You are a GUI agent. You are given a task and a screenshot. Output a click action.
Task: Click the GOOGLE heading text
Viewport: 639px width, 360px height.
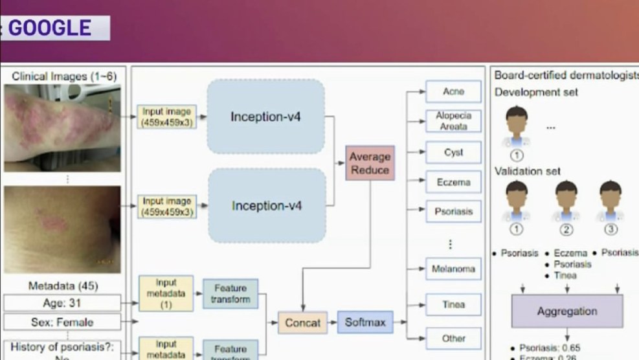click(50, 28)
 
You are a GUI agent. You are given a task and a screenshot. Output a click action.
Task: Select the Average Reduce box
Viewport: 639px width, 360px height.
click(370, 163)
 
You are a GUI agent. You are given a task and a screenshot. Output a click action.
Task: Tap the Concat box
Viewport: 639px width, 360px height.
click(302, 322)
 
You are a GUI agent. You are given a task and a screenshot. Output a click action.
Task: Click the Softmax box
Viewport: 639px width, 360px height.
click(365, 322)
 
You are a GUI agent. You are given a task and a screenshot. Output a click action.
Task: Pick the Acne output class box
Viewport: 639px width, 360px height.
click(453, 92)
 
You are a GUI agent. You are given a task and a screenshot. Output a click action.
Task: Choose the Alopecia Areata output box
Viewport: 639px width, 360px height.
click(453, 121)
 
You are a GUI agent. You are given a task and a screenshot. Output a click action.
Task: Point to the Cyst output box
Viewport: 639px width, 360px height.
click(453, 153)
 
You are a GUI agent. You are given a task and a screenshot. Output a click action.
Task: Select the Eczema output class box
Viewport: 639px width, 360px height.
click(453, 182)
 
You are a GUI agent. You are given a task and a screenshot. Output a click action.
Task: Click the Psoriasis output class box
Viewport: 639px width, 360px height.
click(453, 212)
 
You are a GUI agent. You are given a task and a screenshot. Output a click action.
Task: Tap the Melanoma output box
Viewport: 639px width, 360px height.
click(453, 269)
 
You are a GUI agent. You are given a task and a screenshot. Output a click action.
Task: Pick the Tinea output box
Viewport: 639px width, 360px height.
click(453, 304)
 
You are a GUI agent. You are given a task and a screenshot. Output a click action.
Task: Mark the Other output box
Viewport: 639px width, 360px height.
click(453, 338)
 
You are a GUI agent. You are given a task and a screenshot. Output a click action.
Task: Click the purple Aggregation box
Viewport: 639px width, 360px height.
click(567, 311)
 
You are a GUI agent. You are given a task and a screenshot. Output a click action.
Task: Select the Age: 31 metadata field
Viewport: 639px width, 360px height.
click(62, 302)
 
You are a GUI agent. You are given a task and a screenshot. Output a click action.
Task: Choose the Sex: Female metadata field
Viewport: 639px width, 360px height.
click(62, 322)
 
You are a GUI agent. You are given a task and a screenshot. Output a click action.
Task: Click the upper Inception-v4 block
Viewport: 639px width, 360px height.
click(265, 117)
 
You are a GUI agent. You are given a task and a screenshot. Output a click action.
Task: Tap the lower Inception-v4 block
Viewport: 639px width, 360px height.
click(267, 206)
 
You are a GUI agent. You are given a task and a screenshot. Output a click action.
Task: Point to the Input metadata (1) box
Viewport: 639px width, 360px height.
click(166, 293)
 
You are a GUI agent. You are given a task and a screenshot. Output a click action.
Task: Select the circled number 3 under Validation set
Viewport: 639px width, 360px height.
click(610, 229)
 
